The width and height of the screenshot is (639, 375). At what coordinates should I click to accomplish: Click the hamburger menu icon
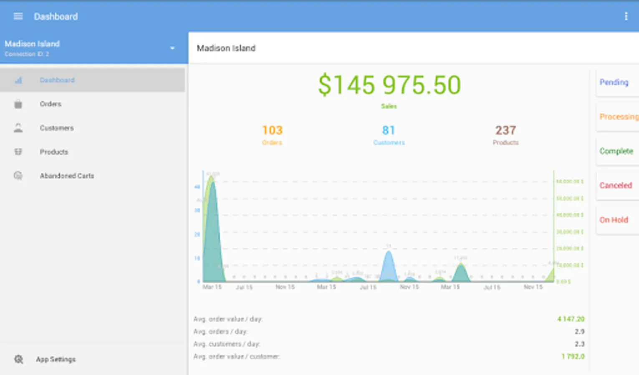pyautogui.click(x=18, y=16)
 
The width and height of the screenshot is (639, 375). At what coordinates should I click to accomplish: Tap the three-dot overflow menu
pyautogui.click(x=626, y=16)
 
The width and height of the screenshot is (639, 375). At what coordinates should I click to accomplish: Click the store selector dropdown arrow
pyautogui.click(x=172, y=48)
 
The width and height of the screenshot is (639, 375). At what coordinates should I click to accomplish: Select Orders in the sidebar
pyautogui.click(x=51, y=104)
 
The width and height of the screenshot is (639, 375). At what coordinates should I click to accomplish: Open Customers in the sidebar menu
pyautogui.click(x=56, y=128)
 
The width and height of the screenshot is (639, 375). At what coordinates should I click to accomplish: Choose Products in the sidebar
pyautogui.click(x=54, y=152)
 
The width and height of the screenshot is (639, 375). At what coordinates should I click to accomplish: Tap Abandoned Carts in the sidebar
pyautogui.click(x=67, y=176)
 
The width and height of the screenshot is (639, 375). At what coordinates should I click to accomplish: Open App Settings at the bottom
pyautogui.click(x=56, y=359)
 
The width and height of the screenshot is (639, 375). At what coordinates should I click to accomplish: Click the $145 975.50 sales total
pyautogui.click(x=389, y=85)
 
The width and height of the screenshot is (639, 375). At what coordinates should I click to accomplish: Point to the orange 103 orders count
pyautogui.click(x=272, y=131)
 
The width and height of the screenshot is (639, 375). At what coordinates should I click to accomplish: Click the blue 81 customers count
pyautogui.click(x=389, y=131)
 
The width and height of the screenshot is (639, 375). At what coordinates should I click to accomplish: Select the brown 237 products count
pyautogui.click(x=505, y=131)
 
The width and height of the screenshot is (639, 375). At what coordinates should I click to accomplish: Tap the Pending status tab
pyautogui.click(x=614, y=82)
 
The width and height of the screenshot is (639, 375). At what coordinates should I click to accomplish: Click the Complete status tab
pyautogui.click(x=616, y=151)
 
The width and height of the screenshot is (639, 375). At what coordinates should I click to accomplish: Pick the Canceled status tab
pyautogui.click(x=616, y=185)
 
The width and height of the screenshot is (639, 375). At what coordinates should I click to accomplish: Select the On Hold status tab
pyautogui.click(x=614, y=220)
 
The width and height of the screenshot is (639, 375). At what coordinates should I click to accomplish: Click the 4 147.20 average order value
pyautogui.click(x=571, y=319)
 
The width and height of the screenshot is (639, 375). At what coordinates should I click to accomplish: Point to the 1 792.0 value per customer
pyautogui.click(x=573, y=357)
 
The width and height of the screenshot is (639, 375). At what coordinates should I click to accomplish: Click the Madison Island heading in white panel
pyautogui.click(x=226, y=48)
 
